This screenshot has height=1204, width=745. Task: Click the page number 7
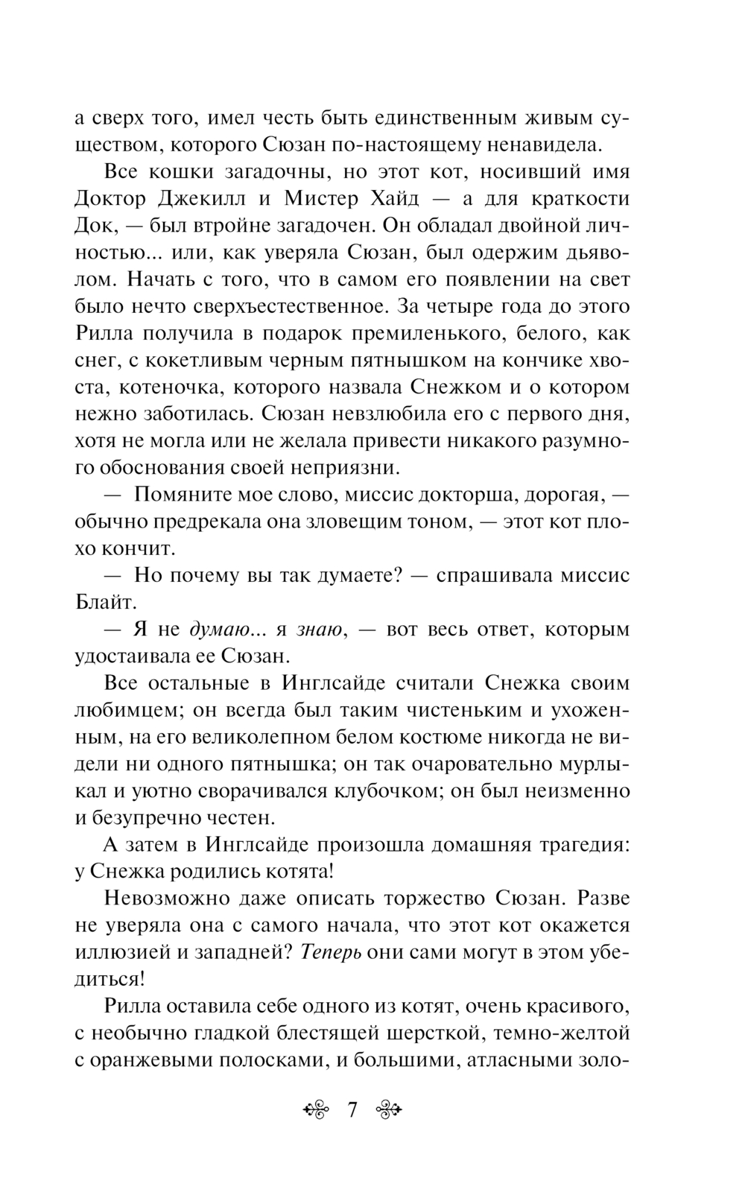pos(352,1110)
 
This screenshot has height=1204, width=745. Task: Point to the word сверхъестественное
pos(285,307)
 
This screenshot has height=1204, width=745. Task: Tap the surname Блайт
pos(104,602)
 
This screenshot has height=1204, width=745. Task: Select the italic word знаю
pos(319,630)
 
